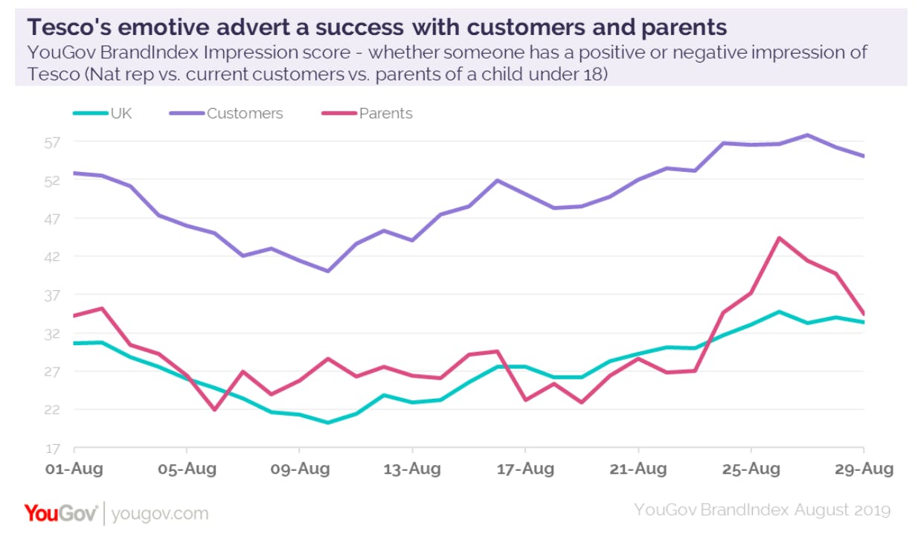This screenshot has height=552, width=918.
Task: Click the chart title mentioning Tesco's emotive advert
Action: click(x=376, y=28)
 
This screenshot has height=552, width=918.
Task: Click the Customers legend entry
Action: click(x=245, y=114)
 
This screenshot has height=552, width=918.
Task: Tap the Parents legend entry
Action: click(x=385, y=114)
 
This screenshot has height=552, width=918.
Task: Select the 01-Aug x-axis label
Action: click(x=74, y=469)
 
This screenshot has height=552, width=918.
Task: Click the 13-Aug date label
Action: click(x=412, y=469)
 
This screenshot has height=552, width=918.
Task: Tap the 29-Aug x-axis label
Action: click(x=863, y=469)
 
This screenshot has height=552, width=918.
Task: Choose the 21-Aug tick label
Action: click(x=638, y=469)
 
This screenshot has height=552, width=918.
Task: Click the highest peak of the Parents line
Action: click(x=778, y=238)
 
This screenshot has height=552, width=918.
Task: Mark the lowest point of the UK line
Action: click(x=327, y=423)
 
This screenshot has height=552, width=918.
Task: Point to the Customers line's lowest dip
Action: click(x=327, y=271)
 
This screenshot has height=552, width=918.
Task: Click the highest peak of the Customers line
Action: click(x=807, y=135)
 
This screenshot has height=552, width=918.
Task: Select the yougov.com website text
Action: click(x=160, y=514)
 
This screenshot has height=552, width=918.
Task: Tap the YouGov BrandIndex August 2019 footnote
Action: click(x=762, y=510)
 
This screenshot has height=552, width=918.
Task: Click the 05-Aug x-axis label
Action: click(x=186, y=469)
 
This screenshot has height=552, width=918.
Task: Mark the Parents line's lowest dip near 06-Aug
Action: click(x=215, y=410)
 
